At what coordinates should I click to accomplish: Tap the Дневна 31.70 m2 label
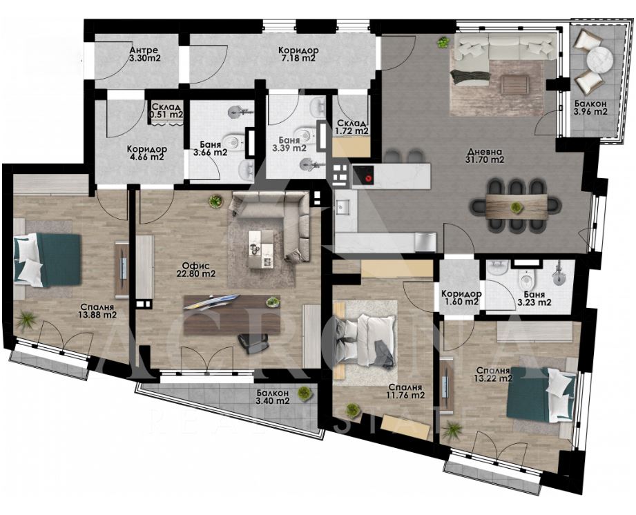coord(485,155)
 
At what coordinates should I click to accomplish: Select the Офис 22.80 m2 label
coord(195,270)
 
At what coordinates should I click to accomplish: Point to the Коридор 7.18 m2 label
coord(298,55)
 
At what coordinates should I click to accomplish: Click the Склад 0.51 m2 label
coord(166,110)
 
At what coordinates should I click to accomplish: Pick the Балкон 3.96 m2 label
coord(590,108)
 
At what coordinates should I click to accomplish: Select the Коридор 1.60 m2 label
coord(461,298)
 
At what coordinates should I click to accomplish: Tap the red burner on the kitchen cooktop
coord(368,177)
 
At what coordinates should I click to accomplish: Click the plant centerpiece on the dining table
coord(516,207)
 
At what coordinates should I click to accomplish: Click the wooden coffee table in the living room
coord(514,85)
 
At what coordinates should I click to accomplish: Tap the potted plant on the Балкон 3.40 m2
coord(305,393)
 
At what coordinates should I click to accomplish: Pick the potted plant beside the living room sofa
coord(444,42)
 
